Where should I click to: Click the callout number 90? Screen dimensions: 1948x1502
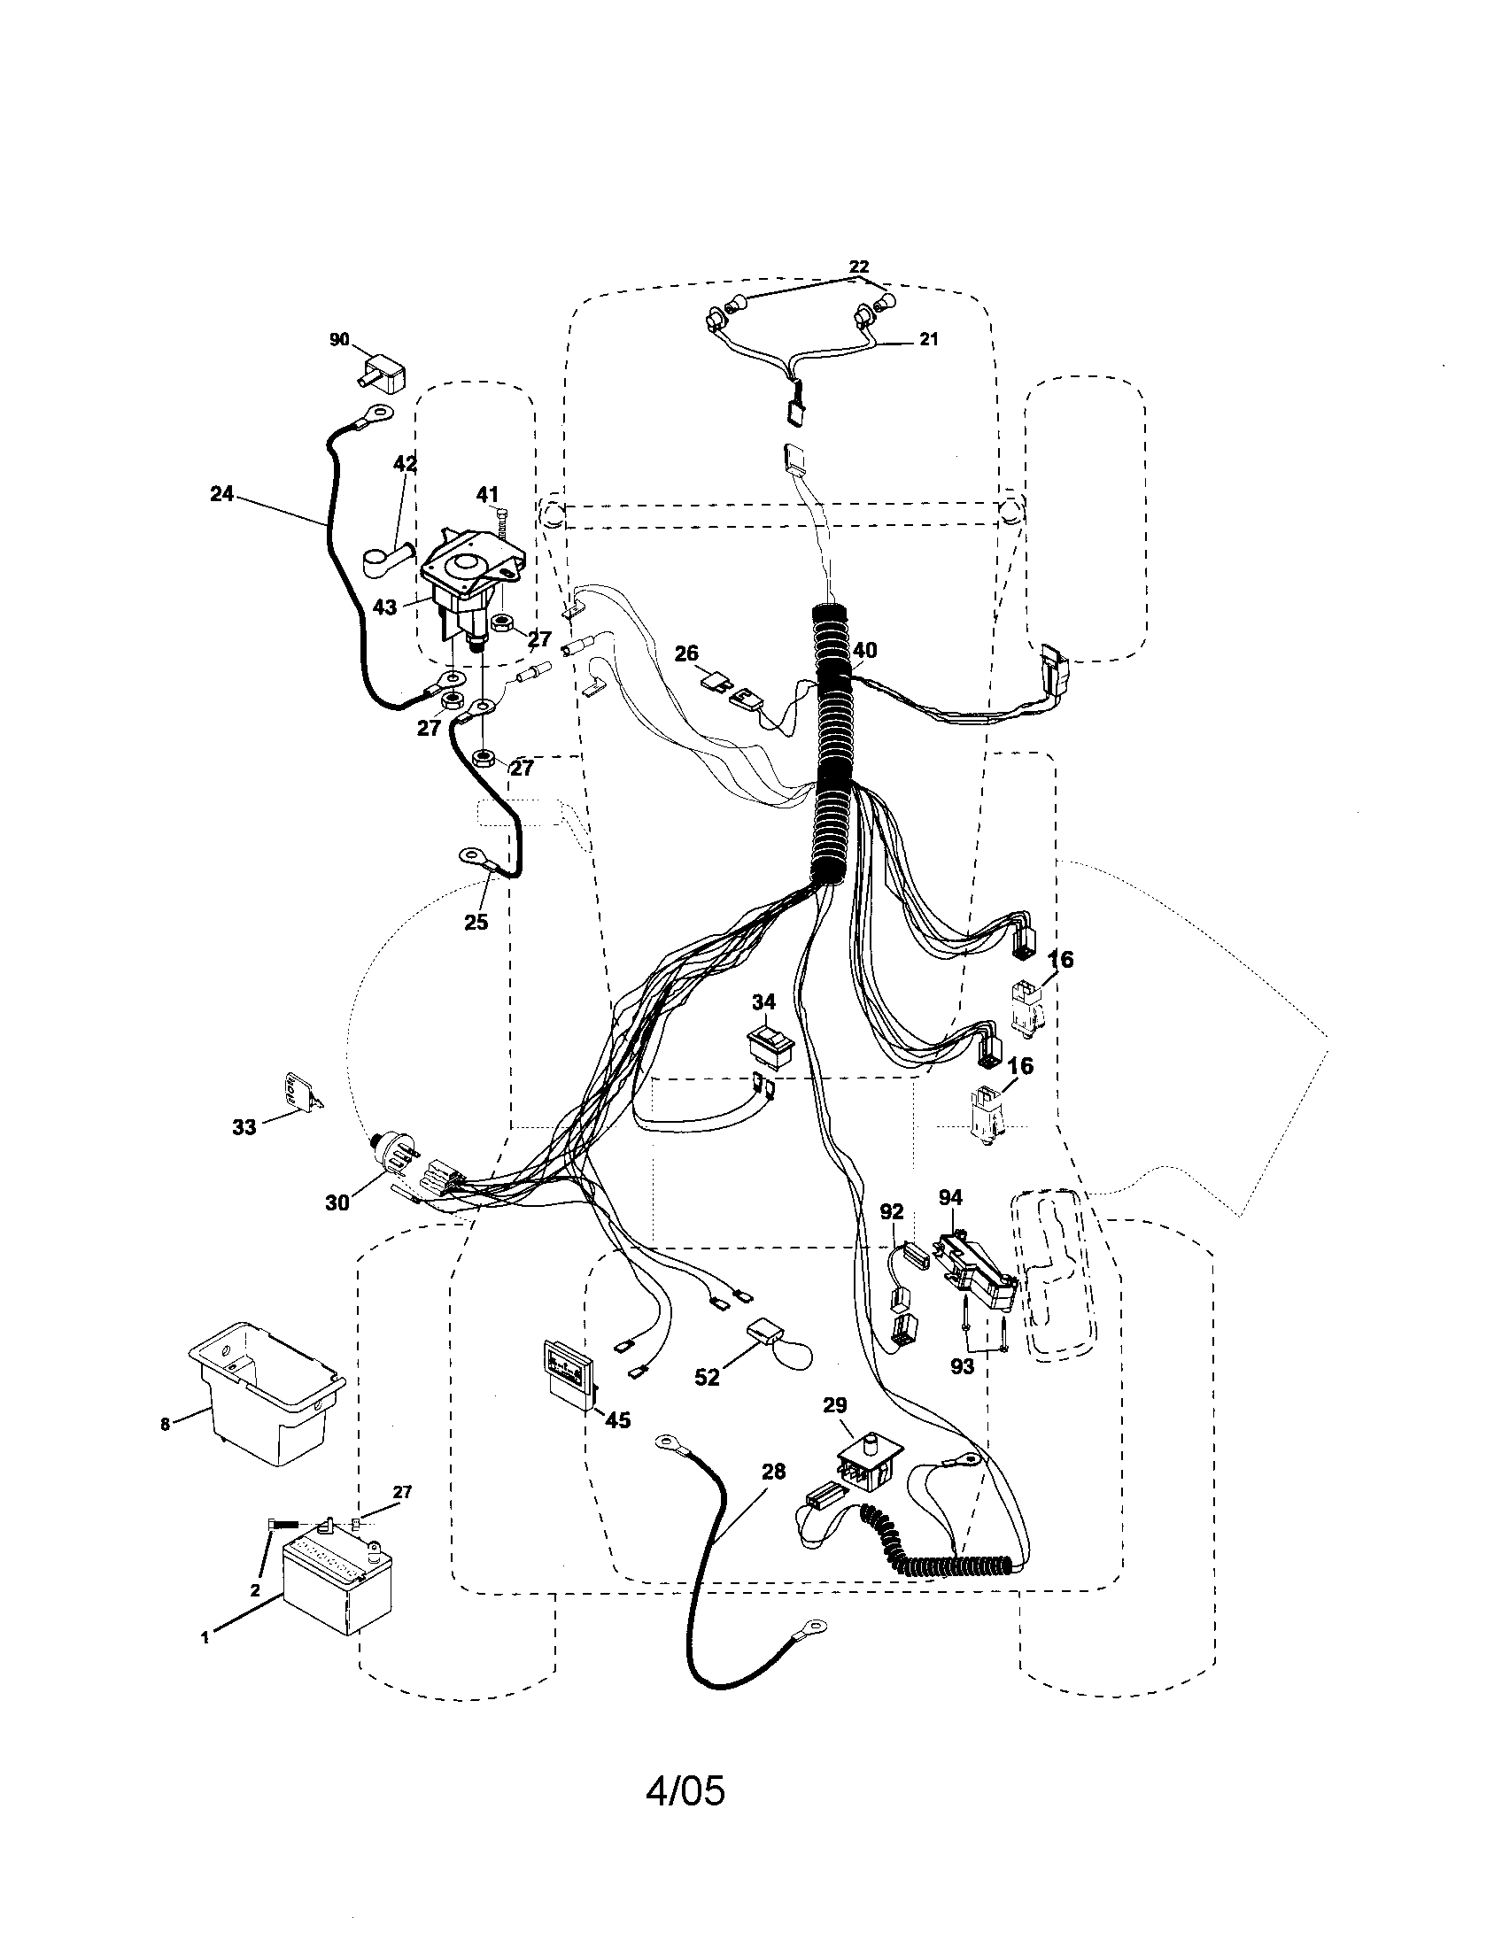(x=339, y=340)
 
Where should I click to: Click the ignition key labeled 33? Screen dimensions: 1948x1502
(x=299, y=1091)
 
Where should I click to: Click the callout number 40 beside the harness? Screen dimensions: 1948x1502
(x=864, y=650)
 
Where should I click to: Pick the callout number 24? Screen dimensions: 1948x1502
(x=221, y=493)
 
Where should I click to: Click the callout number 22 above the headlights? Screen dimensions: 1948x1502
(x=858, y=267)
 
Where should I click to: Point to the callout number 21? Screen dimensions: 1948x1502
(x=929, y=339)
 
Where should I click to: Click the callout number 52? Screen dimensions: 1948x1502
(x=707, y=1377)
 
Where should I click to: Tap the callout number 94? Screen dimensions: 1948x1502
(x=951, y=1197)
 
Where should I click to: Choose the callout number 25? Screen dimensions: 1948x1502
(x=476, y=923)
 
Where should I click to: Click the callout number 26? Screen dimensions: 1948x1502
(x=685, y=653)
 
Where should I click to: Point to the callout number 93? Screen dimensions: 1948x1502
(x=962, y=1365)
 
